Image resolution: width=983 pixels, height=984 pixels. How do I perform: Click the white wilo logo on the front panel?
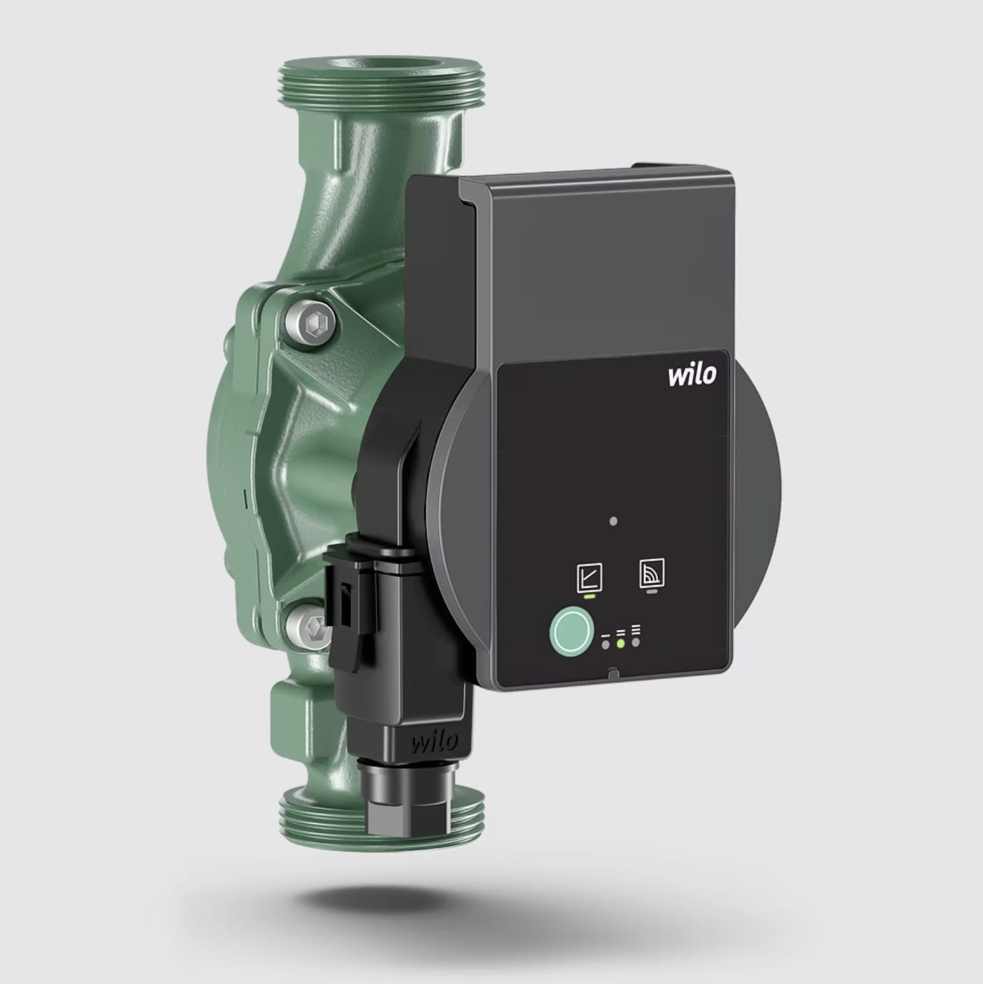(x=692, y=374)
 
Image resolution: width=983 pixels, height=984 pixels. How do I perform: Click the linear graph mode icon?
(x=589, y=578)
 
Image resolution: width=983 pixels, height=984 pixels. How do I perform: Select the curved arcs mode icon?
(x=652, y=573)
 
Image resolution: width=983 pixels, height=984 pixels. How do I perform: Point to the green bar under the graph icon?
(x=589, y=597)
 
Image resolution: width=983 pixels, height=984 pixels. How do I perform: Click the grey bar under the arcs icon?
(x=651, y=592)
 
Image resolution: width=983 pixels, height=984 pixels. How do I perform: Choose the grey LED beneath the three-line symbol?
(x=636, y=642)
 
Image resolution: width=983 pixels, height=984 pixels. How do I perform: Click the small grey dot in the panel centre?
(x=613, y=521)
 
